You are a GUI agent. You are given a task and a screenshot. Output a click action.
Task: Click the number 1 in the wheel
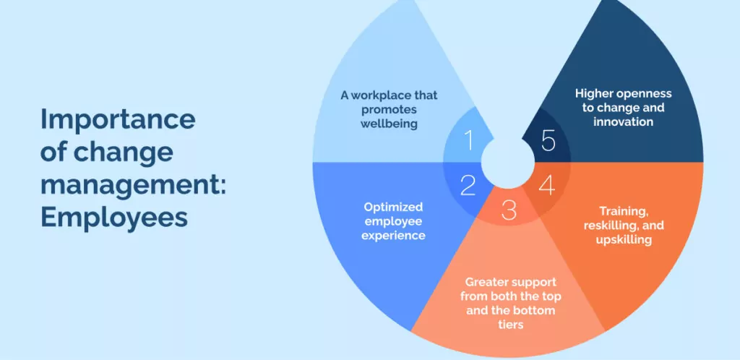click(x=468, y=140)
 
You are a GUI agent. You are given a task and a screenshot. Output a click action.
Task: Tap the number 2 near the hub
click(x=468, y=186)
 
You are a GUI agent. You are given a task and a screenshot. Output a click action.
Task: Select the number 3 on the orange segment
click(x=508, y=210)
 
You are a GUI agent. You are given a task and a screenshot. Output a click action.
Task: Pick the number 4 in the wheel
click(x=546, y=186)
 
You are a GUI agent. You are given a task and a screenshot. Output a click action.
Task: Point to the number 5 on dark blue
click(x=548, y=140)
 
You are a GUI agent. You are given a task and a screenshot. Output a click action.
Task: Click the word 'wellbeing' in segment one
click(x=390, y=124)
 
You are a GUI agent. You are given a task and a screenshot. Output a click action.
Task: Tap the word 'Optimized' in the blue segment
click(x=393, y=207)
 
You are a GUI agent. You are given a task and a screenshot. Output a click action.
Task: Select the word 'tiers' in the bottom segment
click(x=511, y=325)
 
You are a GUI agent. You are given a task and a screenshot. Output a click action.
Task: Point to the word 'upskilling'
click(x=624, y=240)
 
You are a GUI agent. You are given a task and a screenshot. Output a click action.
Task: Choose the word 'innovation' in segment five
click(x=624, y=121)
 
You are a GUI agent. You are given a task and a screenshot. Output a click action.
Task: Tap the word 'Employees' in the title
click(x=113, y=218)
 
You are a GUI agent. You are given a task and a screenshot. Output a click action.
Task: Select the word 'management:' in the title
click(x=133, y=185)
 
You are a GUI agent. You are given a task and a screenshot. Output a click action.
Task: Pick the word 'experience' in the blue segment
click(x=393, y=236)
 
